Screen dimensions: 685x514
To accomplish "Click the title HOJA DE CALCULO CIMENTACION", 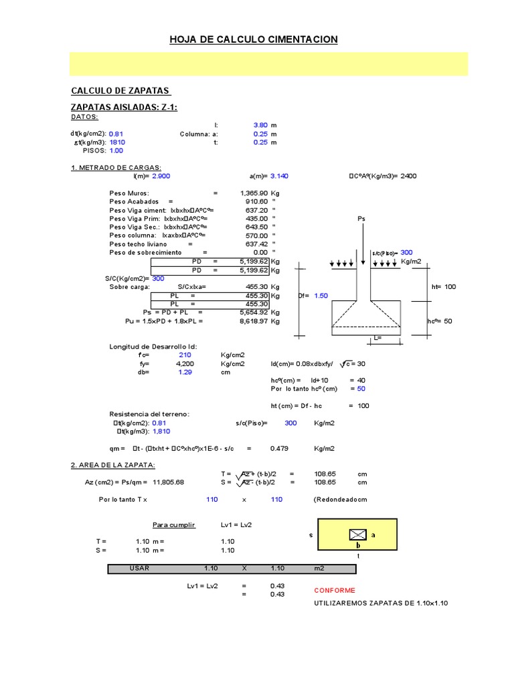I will point(254,40).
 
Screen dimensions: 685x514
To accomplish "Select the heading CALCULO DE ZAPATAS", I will point(120,91).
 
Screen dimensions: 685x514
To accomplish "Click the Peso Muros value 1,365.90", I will point(254,193).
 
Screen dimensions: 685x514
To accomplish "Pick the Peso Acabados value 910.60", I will point(256,201).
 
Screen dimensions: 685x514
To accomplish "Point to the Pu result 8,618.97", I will point(254,321).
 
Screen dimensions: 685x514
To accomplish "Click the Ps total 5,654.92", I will point(254,312).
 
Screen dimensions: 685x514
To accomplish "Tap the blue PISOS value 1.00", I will point(116,151).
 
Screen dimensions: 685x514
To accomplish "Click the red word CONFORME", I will point(335,591).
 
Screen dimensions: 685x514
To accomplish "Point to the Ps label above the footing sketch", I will point(362,219).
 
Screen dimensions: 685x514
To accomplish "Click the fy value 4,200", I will point(185,363).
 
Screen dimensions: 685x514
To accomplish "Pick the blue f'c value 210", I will point(185,355).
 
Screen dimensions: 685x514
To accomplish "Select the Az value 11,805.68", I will point(169,482).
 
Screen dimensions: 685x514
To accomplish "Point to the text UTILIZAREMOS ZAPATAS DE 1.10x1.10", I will point(380,603).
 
